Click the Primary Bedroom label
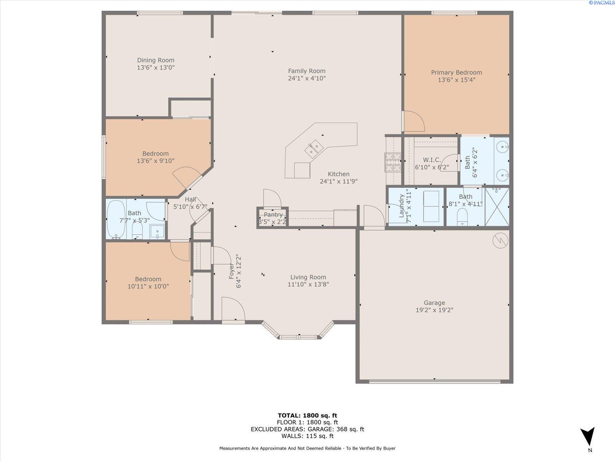[x=456, y=73]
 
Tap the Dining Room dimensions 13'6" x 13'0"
[x=156, y=68]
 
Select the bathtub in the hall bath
[x=116, y=219]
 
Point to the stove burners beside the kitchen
[x=393, y=162]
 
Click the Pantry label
[x=273, y=215]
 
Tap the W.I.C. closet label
[x=432, y=160]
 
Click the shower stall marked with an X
[x=497, y=206]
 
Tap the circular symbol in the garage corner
[x=500, y=241]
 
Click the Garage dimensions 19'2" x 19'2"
[x=434, y=310]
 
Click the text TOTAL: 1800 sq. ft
[x=307, y=415]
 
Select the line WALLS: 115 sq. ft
[x=307, y=436]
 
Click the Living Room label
[x=308, y=277]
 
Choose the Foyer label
[x=231, y=271]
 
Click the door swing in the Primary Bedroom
[x=414, y=121]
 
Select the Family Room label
[x=307, y=71]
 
